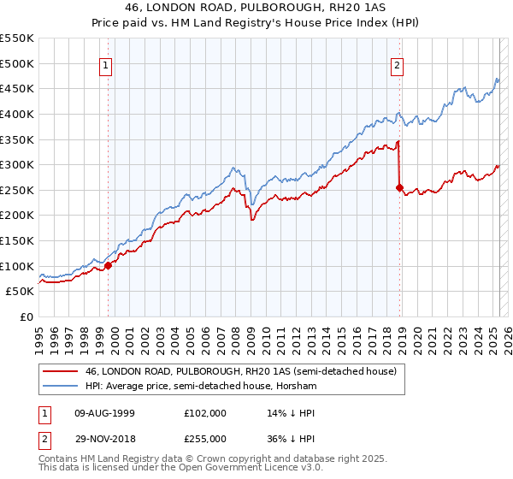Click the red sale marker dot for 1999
[x=109, y=265]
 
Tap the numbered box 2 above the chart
[x=398, y=63]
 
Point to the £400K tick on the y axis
[x=17, y=114]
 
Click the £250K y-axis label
[x=17, y=190]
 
